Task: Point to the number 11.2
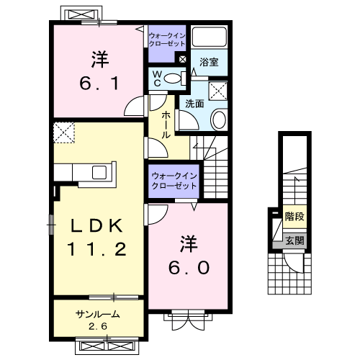pos(99,250)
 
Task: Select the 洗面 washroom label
pos(194,104)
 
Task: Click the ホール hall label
pos(166,124)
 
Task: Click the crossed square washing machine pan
pos(216,91)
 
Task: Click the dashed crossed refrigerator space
pos(64,132)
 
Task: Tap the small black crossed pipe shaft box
pos(182,60)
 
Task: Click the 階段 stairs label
pos(293,215)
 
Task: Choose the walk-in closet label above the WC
pos(166,39)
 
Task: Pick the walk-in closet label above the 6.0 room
pos(172,181)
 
